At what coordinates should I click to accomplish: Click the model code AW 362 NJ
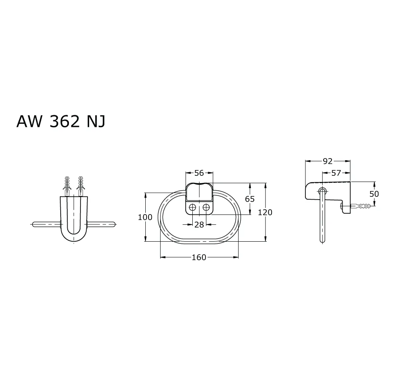pos(61,121)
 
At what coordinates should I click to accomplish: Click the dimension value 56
pos(199,173)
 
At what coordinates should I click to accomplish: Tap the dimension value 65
pos(250,199)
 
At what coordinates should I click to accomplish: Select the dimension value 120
pos(265,212)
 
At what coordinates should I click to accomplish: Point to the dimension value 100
pos(145,217)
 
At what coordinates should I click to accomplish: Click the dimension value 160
pos(199,257)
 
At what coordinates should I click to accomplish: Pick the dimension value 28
pos(199,224)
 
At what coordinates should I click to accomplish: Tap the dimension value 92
pos(327,161)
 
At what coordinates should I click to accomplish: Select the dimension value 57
pos(336,173)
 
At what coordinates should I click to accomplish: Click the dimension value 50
pos(374,194)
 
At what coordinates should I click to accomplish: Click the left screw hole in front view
pos(193,208)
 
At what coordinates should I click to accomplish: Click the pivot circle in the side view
pos(322,191)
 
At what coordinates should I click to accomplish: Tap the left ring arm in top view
pos(46,224)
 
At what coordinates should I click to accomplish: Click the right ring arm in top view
pos(101,224)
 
